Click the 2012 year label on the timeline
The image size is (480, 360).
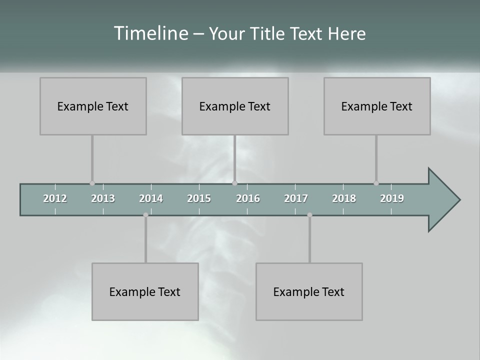(x=55, y=198)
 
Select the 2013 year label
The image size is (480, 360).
(x=103, y=198)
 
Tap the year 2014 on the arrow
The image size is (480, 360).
(x=151, y=198)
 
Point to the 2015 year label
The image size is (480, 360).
(x=199, y=198)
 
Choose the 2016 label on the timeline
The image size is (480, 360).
(x=248, y=198)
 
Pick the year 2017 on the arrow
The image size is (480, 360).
(x=296, y=198)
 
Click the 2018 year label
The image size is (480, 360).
(x=344, y=198)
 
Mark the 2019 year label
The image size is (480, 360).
(x=392, y=198)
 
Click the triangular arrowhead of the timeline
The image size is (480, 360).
(x=442, y=200)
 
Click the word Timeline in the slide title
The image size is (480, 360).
(x=150, y=33)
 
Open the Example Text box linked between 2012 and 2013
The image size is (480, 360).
(x=93, y=106)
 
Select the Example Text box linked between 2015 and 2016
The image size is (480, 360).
(x=235, y=106)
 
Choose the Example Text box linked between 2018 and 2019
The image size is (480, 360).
(x=377, y=106)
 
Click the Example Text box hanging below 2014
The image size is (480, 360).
(x=145, y=291)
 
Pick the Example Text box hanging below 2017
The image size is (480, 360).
(x=309, y=291)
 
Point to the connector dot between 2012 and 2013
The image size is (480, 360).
(x=92, y=183)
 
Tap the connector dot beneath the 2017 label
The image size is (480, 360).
(x=309, y=215)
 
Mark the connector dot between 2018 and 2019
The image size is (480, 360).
(x=376, y=183)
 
